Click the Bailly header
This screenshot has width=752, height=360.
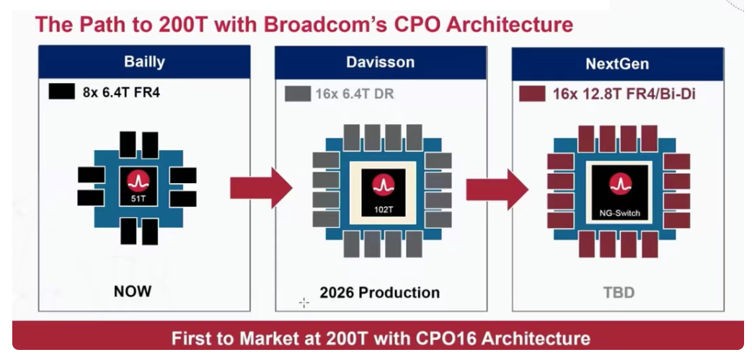[144, 62]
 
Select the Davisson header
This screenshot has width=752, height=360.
[380, 62]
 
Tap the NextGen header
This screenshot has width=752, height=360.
[618, 63]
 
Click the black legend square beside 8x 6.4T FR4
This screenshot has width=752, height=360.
[61, 91]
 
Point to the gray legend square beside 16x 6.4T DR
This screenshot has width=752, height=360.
[297, 93]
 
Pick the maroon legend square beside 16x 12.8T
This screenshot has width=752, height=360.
[532, 94]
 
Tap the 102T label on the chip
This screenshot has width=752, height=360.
[383, 209]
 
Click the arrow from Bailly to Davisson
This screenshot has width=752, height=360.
[261, 188]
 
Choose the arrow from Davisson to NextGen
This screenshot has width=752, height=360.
[497, 188]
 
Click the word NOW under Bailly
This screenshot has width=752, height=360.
[133, 291]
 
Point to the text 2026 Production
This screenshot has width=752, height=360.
[379, 292]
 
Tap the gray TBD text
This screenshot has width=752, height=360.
[619, 292]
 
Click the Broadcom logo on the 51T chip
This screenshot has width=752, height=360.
[138, 181]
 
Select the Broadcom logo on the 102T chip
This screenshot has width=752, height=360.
[383, 185]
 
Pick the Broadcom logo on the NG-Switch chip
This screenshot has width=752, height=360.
[621, 184]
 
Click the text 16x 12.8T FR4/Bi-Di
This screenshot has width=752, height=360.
[624, 94]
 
